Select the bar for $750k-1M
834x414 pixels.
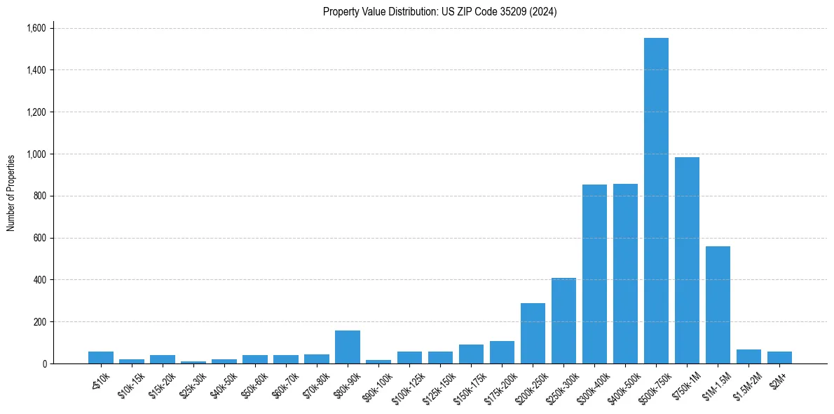[687, 260]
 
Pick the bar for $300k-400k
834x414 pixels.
[594, 274]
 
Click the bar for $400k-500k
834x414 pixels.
[625, 274]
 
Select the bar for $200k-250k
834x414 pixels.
[533, 333]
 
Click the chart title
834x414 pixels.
[440, 11]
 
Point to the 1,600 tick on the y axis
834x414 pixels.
[36, 28]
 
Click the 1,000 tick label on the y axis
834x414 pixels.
[36, 154]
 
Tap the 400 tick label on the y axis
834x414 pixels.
[41, 280]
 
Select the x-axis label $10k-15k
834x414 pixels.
[131, 386]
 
